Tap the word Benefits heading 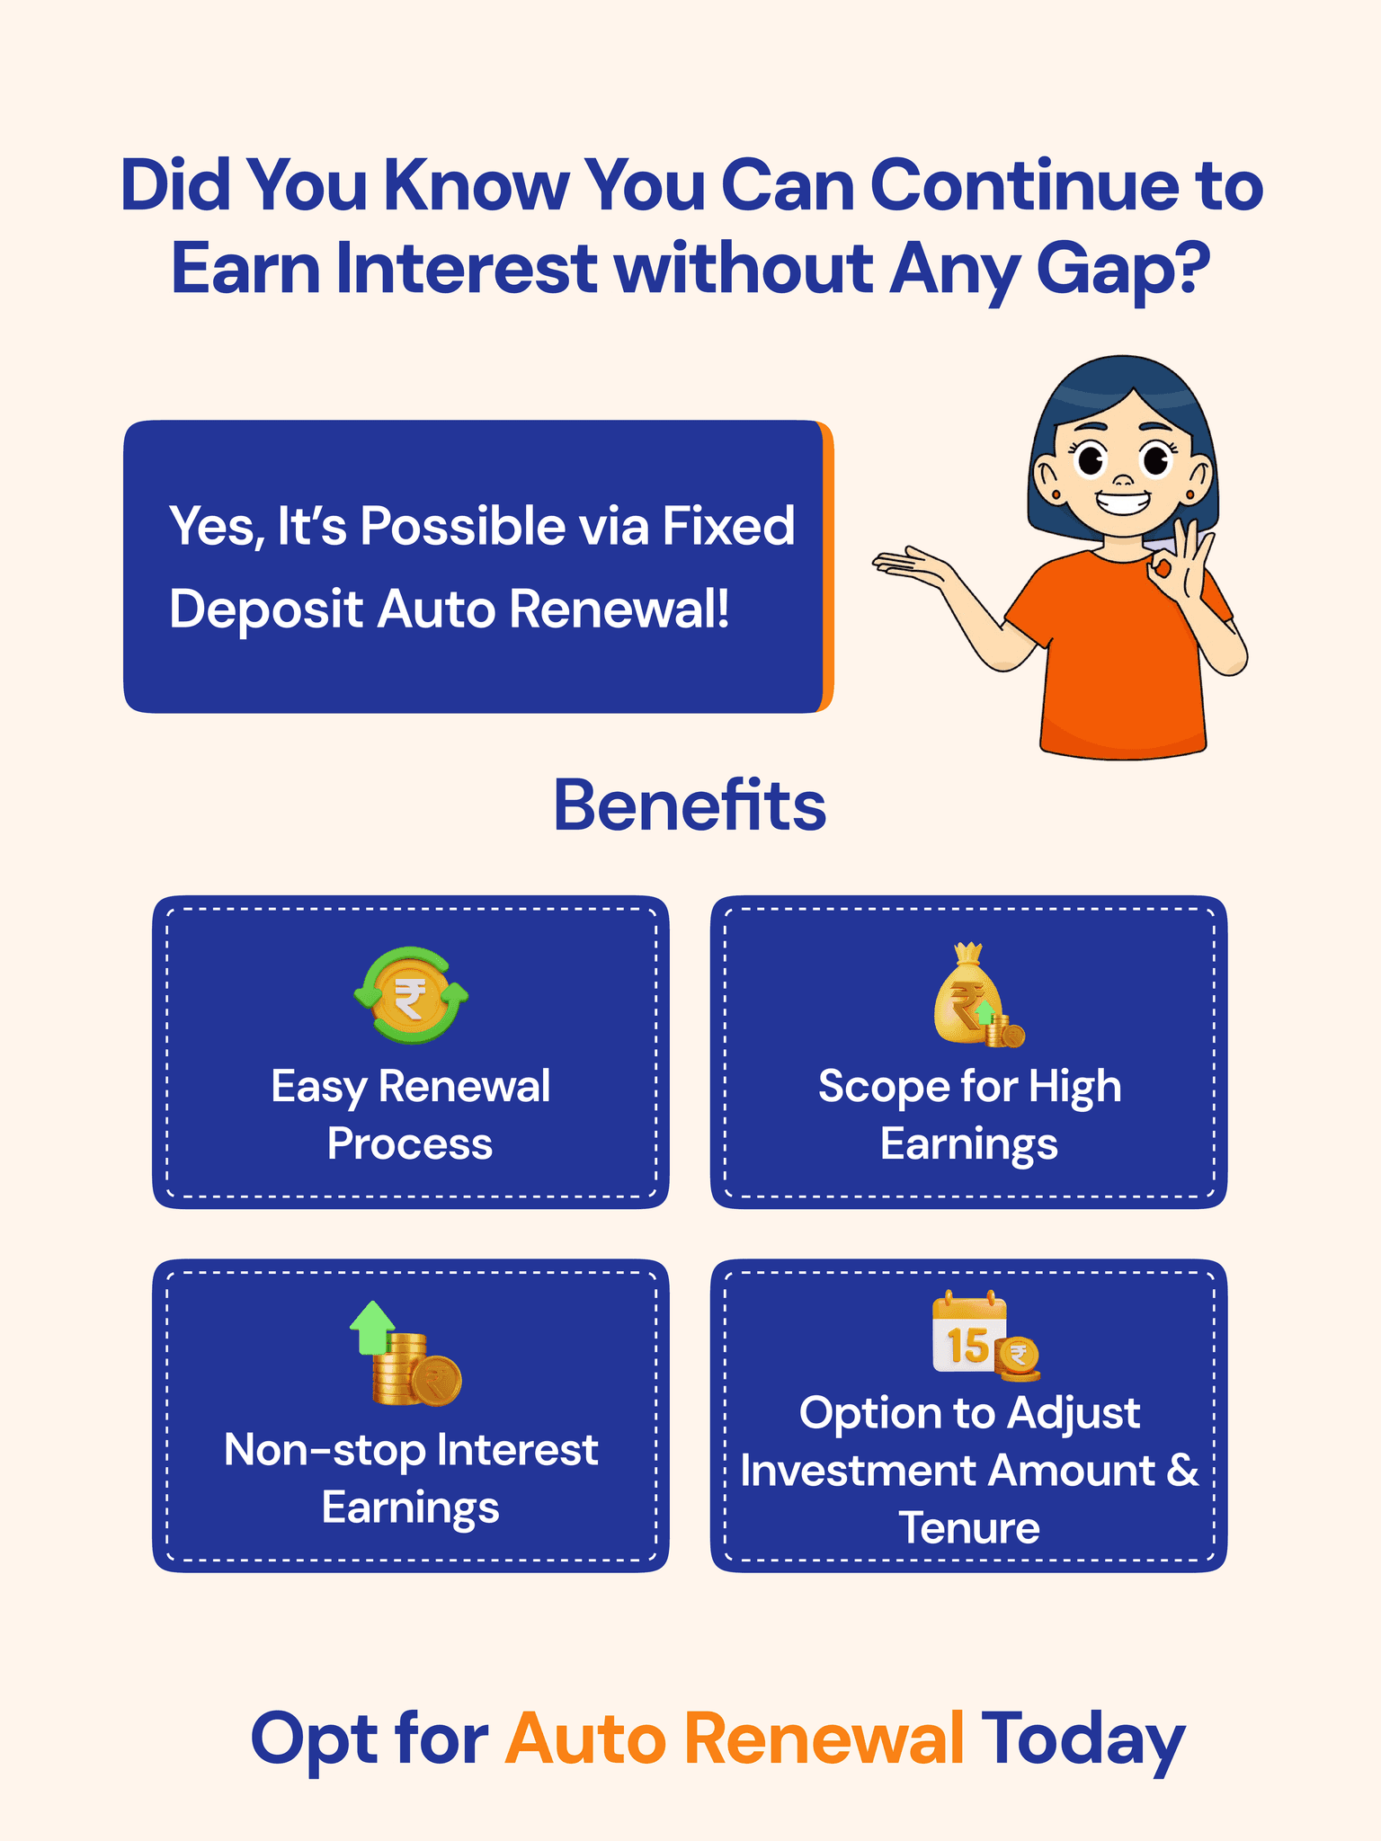point(690,805)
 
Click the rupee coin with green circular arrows point(411,996)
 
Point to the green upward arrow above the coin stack point(372,1327)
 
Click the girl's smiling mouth point(1123,500)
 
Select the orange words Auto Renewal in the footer point(735,1739)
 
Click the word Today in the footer point(1083,1739)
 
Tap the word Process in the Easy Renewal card point(410,1144)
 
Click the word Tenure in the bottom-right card point(969,1528)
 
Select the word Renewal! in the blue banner point(619,609)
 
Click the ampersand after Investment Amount point(1182,1471)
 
